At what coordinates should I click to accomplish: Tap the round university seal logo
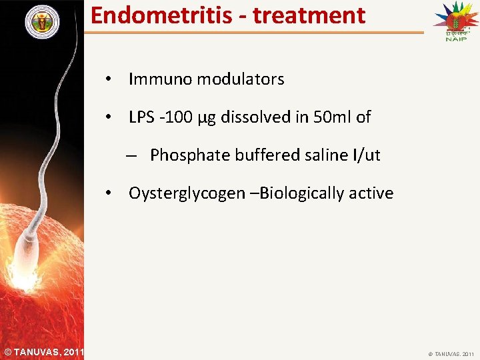tap(42, 22)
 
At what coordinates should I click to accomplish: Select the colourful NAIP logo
tap(456, 21)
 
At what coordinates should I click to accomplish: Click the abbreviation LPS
tap(141, 117)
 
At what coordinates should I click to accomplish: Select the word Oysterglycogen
tap(190, 194)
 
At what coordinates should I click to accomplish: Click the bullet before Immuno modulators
tap(107, 79)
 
